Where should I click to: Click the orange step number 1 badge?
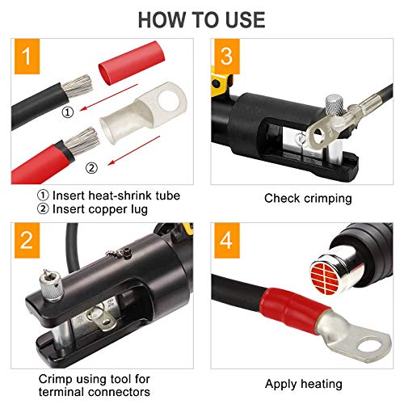coord(27,57)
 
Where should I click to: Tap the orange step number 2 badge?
coord(27,241)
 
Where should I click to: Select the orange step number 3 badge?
coord(227,57)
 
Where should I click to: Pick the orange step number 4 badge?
coord(227,241)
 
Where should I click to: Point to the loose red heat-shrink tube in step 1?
coord(132,63)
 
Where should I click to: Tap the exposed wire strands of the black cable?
coord(78,86)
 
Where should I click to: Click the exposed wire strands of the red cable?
coord(82,141)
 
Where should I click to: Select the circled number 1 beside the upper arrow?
coord(68,112)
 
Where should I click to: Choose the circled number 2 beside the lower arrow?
coord(91,168)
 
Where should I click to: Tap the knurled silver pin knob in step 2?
coord(51,285)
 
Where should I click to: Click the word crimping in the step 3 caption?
coord(328,199)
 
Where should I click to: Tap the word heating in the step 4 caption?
coord(322,385)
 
